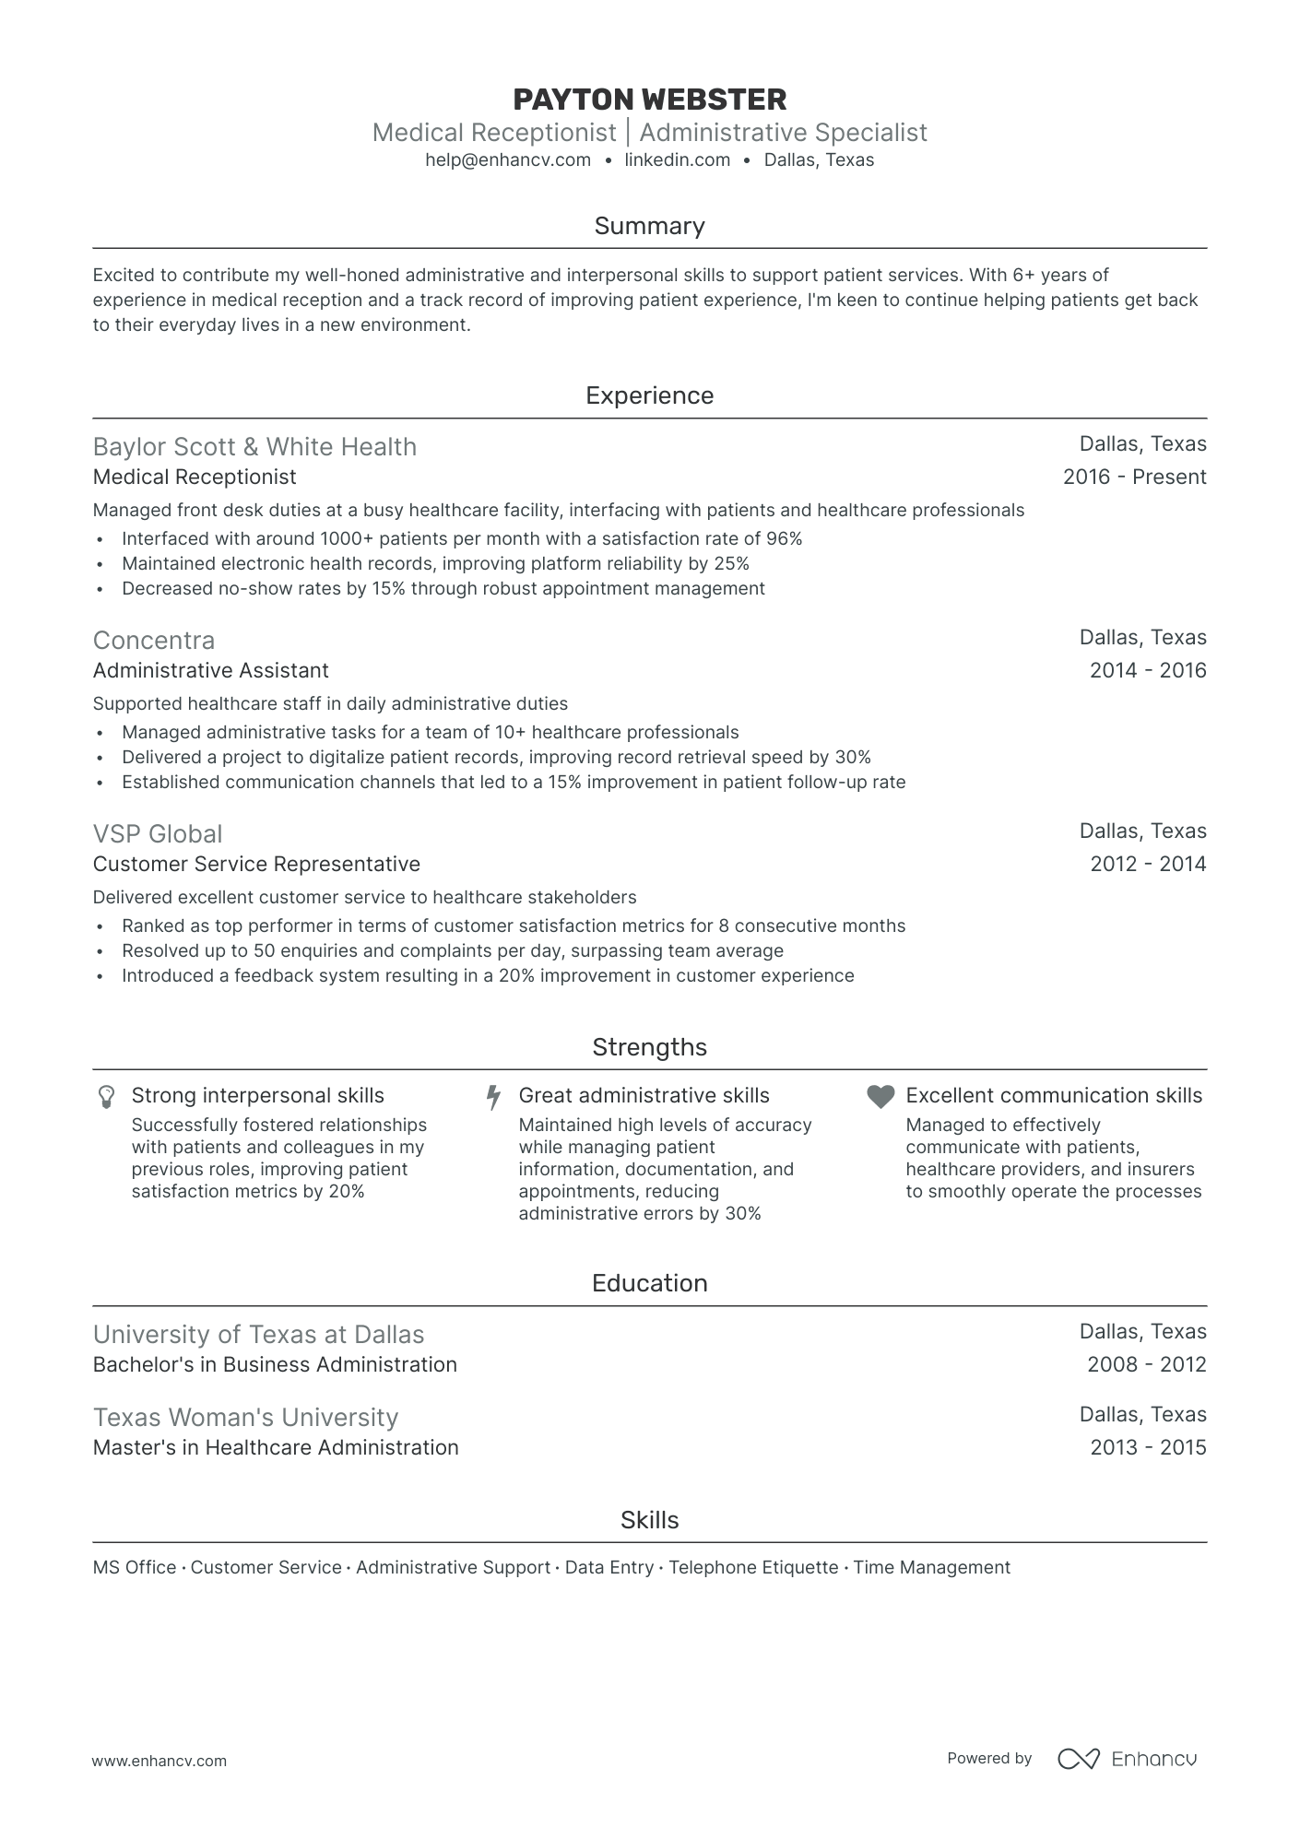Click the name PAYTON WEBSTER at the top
point(649,100)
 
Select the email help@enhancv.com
point(508,160)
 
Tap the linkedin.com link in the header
point(677,160)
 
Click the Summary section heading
point(649,226)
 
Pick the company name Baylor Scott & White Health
point(254,447)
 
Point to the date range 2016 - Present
point(1134,477)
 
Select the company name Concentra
point(154,641)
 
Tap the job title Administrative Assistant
point(210,671)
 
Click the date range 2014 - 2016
point(1147,671)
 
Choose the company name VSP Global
point(158,834)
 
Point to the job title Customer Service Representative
point(256,865)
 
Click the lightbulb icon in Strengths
point(107,1096)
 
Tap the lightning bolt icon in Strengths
point(494,1097)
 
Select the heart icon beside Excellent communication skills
point(880,1096)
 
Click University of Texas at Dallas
point(258,1335)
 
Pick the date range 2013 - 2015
point(1147,1448)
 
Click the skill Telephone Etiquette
point(753,1568)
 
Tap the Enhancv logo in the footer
point(1127,1759)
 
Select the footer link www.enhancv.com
point(160,1761)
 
